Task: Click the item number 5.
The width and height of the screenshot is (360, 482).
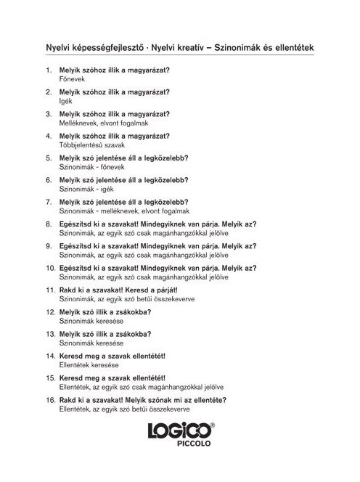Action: (49, 158)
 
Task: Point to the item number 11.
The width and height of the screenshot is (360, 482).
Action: (50, 289)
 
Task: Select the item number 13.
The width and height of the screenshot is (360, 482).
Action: (50, 333)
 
